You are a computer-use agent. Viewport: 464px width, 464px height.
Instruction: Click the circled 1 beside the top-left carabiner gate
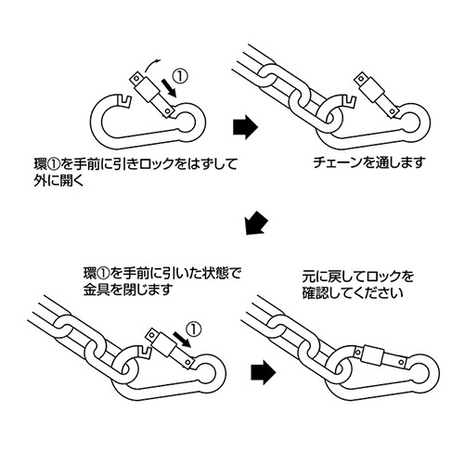click(x=180, y=76)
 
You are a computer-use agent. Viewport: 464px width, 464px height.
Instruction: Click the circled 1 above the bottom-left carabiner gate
click(x=193, y=330)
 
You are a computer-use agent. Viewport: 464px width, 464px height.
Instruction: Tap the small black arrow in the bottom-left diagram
click(x=182, y=339)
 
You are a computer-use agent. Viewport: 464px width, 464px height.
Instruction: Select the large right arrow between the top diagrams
click(x=245, y=127)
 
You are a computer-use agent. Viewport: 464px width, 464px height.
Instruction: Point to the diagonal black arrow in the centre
click(x=256, y=223)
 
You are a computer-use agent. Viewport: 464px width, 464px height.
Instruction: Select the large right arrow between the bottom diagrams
click(x=263, y=372)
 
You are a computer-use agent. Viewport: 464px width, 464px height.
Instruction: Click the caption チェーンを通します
click(x=368, y=162)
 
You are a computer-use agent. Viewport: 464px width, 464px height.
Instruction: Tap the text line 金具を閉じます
click(x=127, y=290)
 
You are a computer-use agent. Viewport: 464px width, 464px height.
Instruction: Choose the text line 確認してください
click(x=353, y=292)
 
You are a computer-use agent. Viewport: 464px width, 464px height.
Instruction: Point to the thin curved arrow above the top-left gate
click(x=151, y=65)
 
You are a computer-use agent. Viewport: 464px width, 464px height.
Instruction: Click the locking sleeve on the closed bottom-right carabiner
click(x=373, y=356)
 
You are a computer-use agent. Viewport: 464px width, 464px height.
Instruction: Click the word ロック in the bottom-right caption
click(x=385, y=276)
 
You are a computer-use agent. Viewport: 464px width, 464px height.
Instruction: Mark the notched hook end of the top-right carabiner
click(x=349, y=100)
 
